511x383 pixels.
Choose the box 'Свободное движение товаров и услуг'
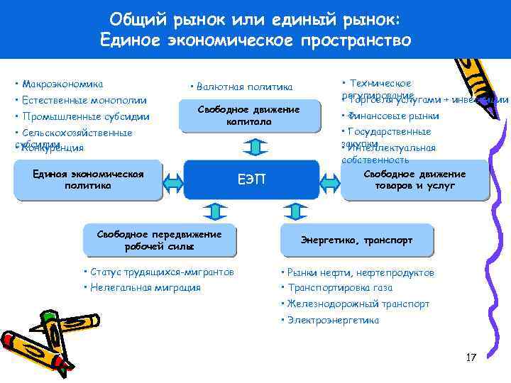pos(414,179)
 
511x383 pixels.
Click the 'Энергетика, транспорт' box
pos(356,240)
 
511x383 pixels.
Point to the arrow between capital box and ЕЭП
pos(255,146)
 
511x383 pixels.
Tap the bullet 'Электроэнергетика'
pos(333,320)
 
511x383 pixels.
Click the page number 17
pos(471,357)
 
